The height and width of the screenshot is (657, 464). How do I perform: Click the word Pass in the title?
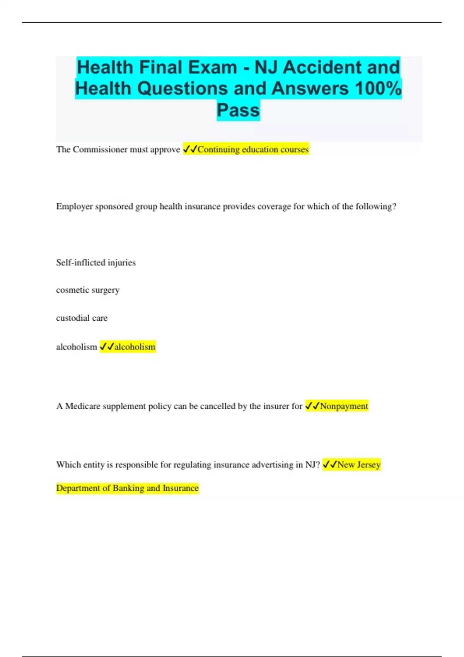(238, 110)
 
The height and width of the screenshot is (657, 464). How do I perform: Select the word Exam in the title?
(211, 68)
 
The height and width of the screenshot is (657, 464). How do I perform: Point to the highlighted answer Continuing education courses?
(253, 150)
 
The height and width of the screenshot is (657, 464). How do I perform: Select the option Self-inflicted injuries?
(96, 262)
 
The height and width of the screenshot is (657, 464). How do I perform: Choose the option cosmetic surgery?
(88, 290)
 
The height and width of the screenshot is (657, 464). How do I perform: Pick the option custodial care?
(82, 318)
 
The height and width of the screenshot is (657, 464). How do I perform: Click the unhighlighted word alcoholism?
(77, 347)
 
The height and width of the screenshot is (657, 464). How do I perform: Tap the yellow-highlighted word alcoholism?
(135, 347)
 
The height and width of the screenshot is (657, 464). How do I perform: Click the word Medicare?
(83, 406)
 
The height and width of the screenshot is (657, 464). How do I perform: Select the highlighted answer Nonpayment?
(344, 406)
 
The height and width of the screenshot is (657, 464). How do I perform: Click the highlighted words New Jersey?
(358, 465)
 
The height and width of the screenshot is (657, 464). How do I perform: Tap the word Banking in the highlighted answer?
(128, 488)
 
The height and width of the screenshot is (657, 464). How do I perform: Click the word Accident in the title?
(322, 68)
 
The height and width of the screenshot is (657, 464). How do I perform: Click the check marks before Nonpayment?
(312, 406)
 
